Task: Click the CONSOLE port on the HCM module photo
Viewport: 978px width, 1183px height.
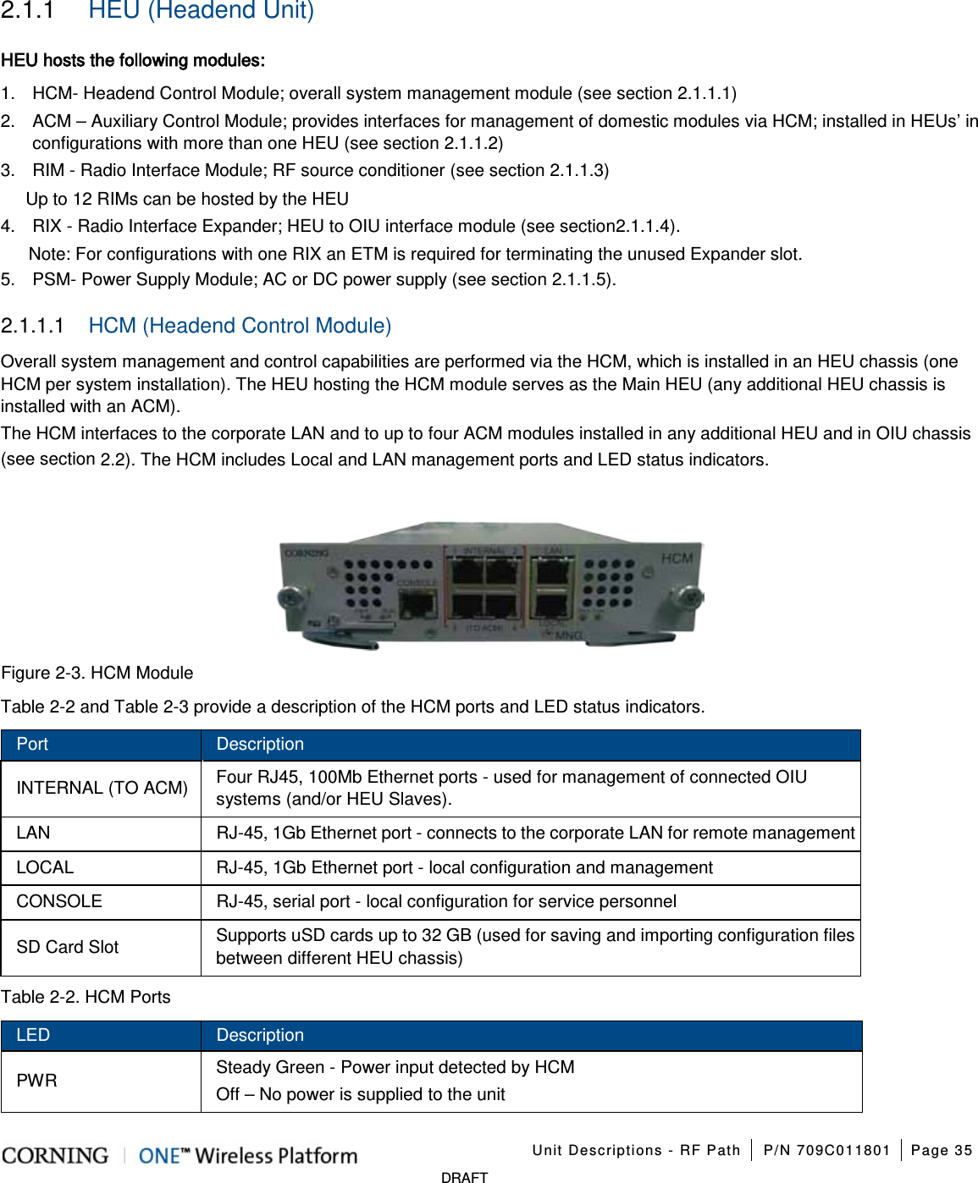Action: [417, 603]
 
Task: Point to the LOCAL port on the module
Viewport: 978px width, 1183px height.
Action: [552, 605]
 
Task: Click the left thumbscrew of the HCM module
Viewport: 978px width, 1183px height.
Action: [290, 597]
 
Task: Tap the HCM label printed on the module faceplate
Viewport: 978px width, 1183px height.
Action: [677, 558]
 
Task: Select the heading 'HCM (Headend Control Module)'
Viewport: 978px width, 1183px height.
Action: [240, 326]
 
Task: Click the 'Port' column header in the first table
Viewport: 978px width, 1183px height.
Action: [32, 744]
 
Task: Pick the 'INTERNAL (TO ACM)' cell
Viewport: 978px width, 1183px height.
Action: [102, 788]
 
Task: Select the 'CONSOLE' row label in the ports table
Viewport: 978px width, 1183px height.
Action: [59, 901]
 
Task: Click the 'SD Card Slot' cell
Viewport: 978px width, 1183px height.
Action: [68, 947]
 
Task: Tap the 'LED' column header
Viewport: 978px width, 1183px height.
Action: [33, 1035]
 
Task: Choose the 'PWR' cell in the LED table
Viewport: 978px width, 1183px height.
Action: [37, 1081]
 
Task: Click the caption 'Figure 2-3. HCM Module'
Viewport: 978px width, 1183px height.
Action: [97, 673]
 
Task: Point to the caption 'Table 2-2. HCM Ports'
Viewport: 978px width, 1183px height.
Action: [86, 997]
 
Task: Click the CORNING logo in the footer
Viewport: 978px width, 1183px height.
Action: [56, 1155]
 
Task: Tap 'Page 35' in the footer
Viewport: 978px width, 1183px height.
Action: [941, 1150]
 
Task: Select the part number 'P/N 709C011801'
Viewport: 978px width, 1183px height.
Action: [826, 1150]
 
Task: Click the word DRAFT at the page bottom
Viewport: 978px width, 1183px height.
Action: [464, 1177]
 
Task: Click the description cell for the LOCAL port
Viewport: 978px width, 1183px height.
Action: [464, 867]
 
